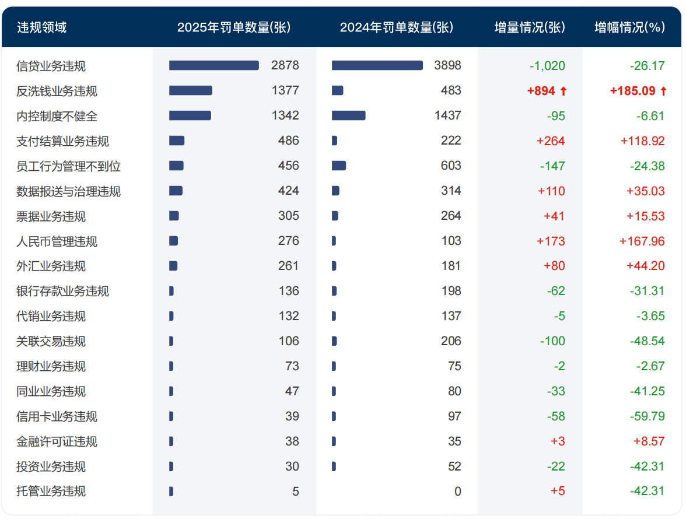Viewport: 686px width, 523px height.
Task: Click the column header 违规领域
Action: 41,27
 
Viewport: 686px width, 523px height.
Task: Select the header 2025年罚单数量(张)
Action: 233,27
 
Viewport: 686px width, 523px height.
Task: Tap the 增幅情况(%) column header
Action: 629,27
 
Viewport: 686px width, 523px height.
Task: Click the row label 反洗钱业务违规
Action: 57,91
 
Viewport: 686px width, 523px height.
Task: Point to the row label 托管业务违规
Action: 51,492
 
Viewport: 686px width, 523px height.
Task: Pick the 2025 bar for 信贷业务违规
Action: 213,65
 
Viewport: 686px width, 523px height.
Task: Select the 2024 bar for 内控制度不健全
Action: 348,115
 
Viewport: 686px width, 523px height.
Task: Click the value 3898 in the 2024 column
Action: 447,65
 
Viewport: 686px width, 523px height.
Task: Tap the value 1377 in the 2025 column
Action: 285,90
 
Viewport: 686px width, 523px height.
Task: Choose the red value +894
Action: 541,91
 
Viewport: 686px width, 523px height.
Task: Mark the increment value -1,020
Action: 547,66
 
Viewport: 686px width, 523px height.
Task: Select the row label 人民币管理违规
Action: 57,241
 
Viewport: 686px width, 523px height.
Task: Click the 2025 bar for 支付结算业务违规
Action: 177,141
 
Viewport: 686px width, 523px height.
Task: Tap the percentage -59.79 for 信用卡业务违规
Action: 647,416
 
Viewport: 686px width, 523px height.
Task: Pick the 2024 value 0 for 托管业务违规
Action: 457,492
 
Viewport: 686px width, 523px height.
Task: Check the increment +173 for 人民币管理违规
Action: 554,241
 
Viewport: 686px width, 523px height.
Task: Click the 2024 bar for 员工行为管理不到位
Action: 339,166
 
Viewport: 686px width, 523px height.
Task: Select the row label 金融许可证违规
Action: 57,442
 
